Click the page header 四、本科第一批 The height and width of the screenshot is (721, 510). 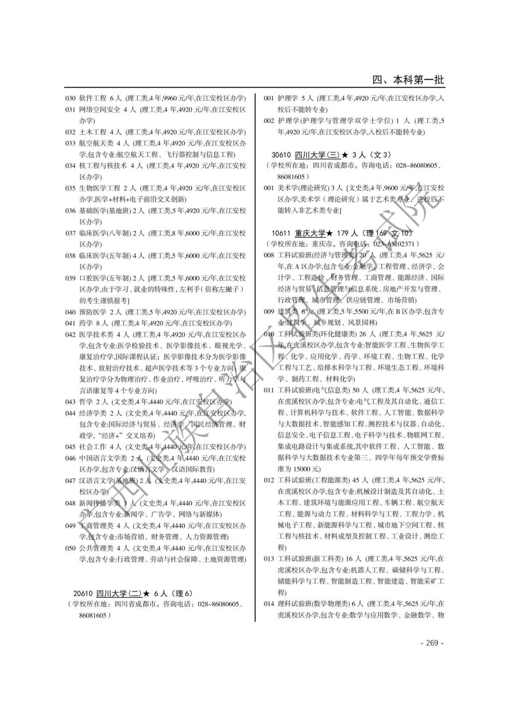click(x=408, y=80)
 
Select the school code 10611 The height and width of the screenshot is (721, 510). click(x=281, y=233)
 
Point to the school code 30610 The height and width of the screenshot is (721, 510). click(x=281, y=154)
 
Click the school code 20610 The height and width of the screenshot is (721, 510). click(x=83, y=593)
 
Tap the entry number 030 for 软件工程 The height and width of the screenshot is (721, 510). click(x=70, y=98)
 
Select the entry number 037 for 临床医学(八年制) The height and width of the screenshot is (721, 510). click(x=70, y=233)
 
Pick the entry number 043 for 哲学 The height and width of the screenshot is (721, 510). click(x=70, y=402)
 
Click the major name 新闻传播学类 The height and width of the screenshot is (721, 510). click(x=100, y=503)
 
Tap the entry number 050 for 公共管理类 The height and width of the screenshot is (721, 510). click(x=70, y=548)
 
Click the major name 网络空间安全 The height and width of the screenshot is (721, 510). click(x=100, y=110)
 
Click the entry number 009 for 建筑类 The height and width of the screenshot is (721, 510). click(x=269, y=312)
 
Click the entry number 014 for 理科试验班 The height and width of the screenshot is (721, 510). click(x=269, y=604)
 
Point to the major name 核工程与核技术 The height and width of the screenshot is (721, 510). click(x=103, y=166)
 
